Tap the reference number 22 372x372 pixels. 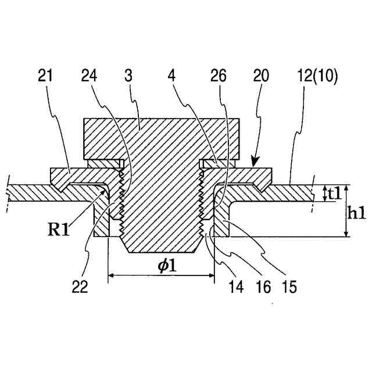80,287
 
